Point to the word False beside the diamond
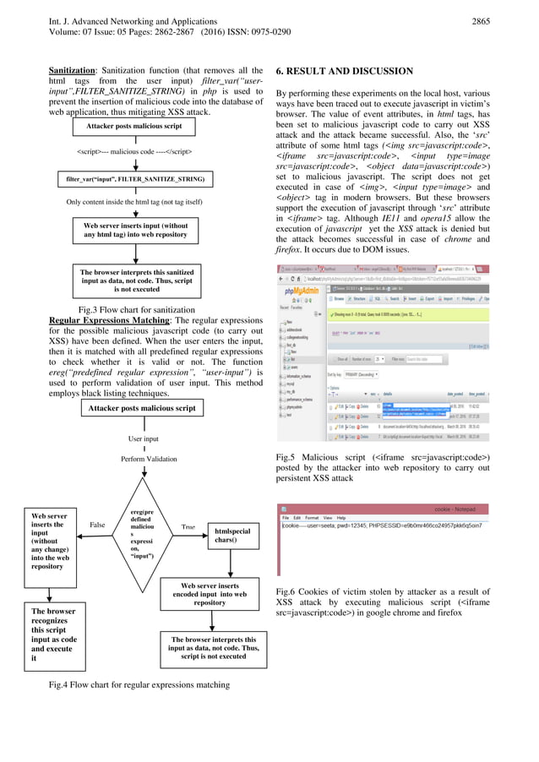[97, 525]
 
